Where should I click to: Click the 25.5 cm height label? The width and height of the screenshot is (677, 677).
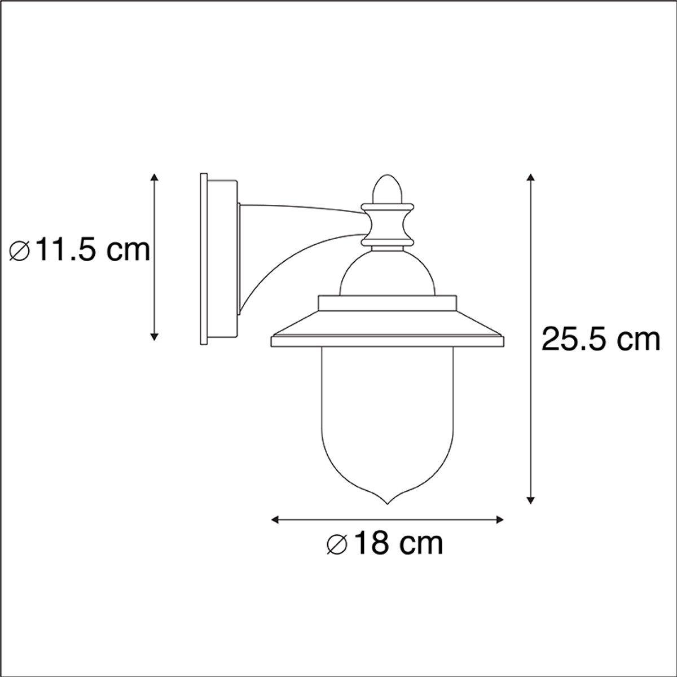(601, 340)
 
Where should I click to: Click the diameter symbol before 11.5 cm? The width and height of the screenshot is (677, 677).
(20, 250)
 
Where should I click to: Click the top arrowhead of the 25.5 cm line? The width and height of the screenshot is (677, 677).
(531, 177)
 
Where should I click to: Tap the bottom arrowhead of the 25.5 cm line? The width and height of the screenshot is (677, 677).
(531, 500)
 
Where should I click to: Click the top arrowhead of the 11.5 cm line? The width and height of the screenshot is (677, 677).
(154, 177)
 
